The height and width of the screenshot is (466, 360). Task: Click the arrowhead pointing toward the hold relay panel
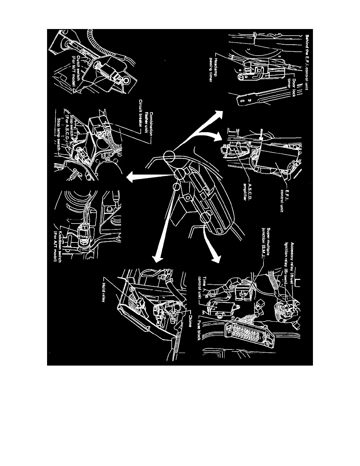click(157, 257)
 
